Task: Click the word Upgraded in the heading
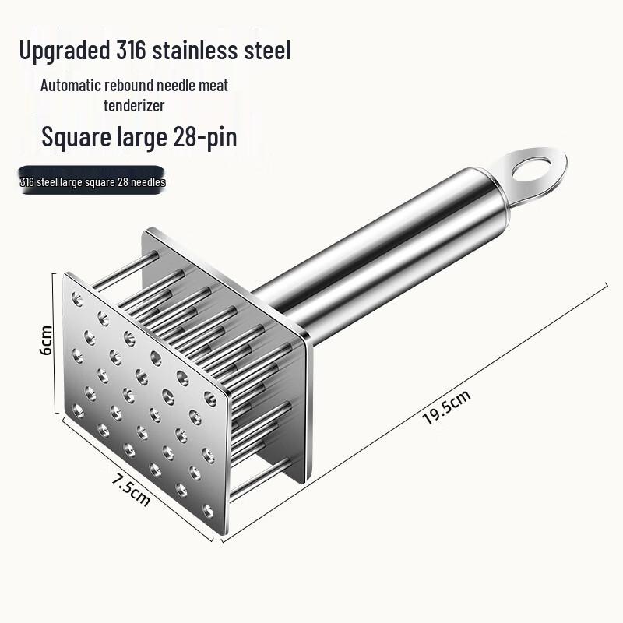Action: click(x=65, y=51)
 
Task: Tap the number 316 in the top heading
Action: click(x=131, y=50)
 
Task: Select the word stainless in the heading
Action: click(x=195, y=50)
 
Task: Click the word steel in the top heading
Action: click(x=267, y=50)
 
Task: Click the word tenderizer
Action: click(x=134, y=106)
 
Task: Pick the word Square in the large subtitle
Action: click(x=76, y=138)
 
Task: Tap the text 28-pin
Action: click(x=205, y=138)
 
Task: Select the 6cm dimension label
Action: click(x=46, y=340)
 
